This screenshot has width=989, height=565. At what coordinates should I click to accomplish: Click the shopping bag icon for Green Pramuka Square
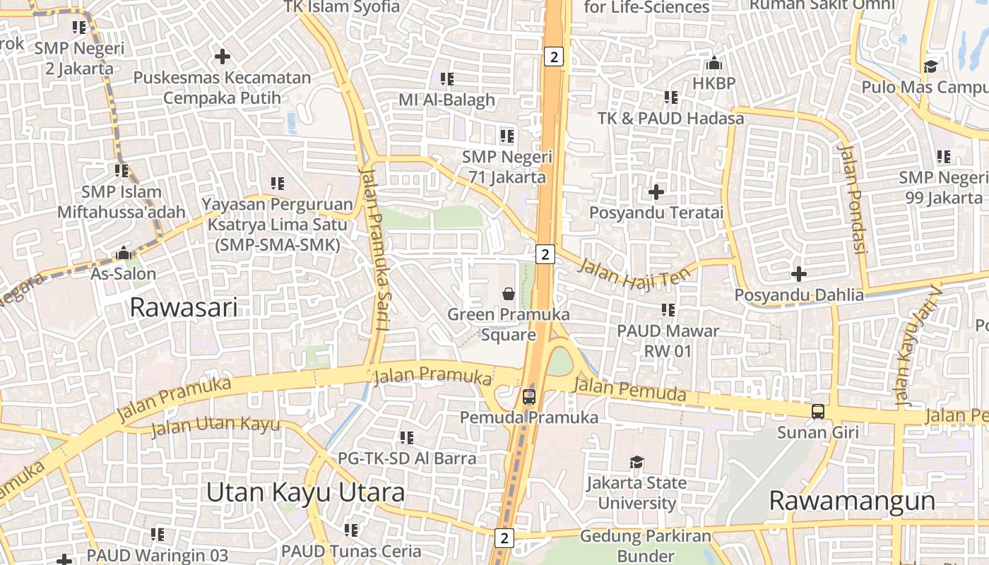pos(508,292)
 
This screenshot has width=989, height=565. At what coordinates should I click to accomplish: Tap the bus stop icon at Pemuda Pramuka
pos(529,396)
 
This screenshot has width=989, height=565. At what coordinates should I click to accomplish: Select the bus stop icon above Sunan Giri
pos(817,411)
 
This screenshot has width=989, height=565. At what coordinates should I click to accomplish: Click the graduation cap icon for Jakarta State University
pos(636,462)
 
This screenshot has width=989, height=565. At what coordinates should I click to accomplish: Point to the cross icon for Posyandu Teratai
pos(656,191)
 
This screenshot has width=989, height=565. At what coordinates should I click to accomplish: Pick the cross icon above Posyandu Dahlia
pos(799,273)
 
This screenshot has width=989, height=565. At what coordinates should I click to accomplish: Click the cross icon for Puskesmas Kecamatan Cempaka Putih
pos(223,56)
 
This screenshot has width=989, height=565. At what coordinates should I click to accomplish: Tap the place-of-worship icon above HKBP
pos(713,64)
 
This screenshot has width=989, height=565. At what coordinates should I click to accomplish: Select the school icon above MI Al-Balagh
pos(446,79)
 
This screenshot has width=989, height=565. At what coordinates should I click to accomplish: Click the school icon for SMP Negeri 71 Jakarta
pos(507,136)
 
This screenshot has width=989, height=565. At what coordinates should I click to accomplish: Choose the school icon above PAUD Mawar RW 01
pos(668,309)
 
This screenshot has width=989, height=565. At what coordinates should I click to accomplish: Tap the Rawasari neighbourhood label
pos(184,308)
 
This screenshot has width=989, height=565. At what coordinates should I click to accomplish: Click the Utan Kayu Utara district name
pos(305,492)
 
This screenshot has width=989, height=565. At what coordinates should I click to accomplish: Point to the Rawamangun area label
pos(851,501)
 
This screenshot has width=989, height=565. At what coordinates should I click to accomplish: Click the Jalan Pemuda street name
pos(629,389)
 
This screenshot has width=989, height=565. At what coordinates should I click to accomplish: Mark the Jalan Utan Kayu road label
pos(215,427)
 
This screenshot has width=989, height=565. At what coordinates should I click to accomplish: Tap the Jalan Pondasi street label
pos(852,198)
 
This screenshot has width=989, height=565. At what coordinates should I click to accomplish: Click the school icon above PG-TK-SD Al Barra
pos(406,438)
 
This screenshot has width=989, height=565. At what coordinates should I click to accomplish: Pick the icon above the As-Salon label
pos(124,253)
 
